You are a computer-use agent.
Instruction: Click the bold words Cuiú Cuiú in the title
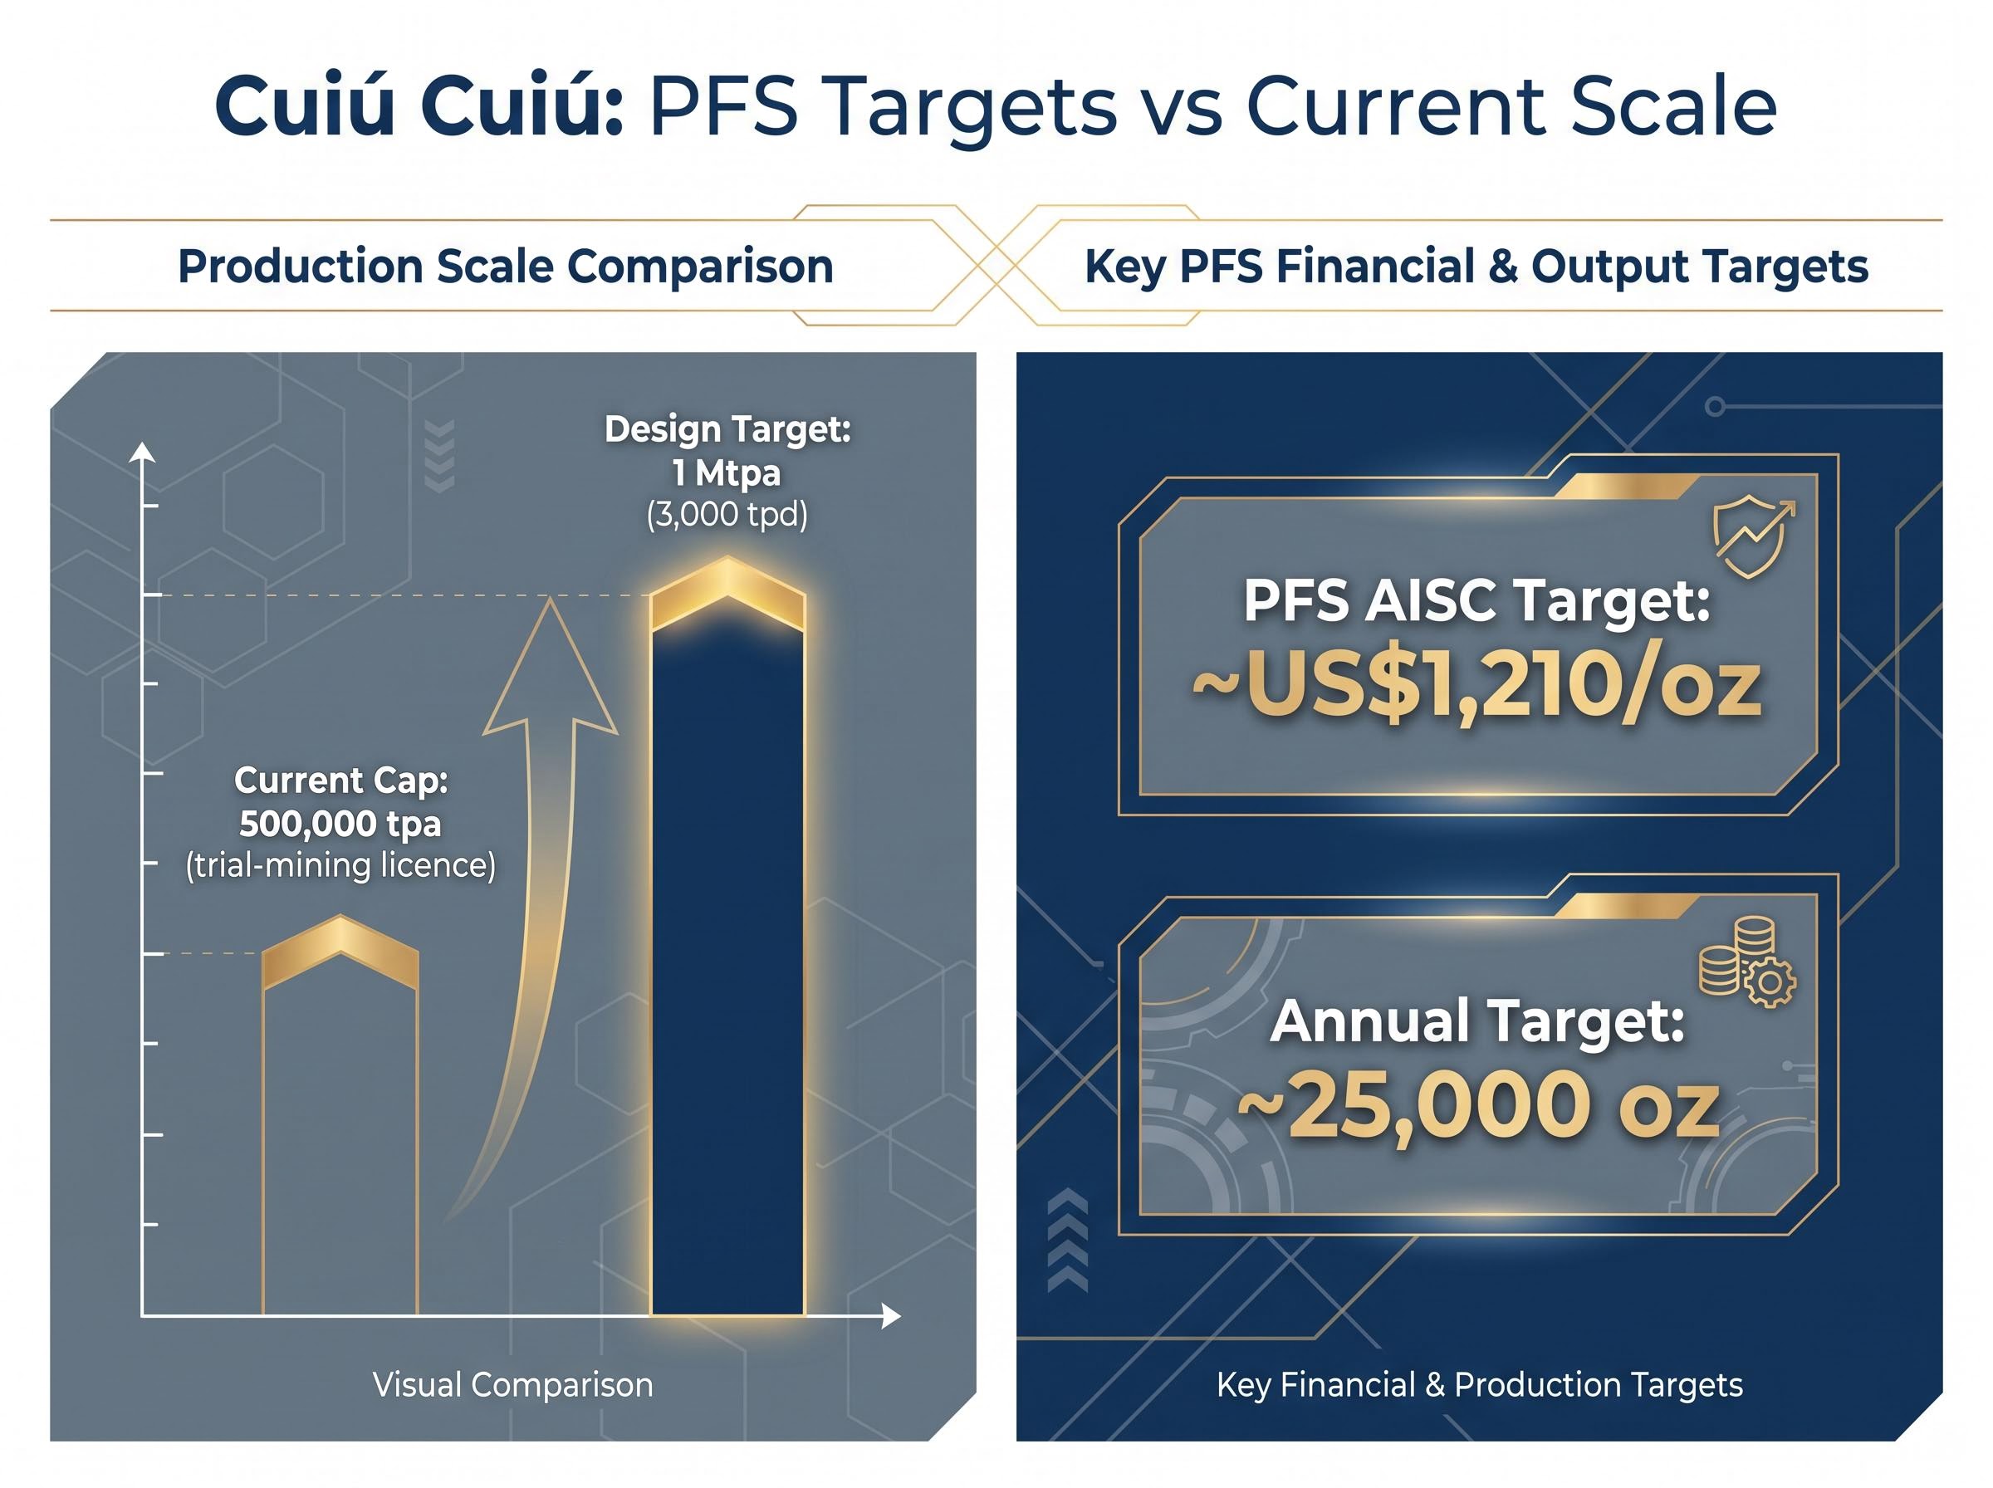[419, 106]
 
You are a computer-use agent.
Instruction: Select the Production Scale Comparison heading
[505, 267]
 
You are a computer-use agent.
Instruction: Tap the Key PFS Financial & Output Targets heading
[1476, 267]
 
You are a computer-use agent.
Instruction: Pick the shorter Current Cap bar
[340, 1117]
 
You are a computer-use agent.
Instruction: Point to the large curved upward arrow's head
[551, 671]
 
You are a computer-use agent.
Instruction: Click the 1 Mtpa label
[727, 472]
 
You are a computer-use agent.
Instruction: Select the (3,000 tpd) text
[727, 514]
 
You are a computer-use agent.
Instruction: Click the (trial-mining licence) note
[340, 865]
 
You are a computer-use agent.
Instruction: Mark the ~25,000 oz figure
[1478, 1106]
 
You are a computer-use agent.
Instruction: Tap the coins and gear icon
[1746, 962]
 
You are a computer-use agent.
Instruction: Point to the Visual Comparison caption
[512, 1384]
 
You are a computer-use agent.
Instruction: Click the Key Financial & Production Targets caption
[1480, 1384]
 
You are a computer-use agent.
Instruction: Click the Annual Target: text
[1477, 1021]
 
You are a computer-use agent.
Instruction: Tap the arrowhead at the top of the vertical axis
[142, 453]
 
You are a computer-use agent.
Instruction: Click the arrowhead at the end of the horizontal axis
[892, 1316]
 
